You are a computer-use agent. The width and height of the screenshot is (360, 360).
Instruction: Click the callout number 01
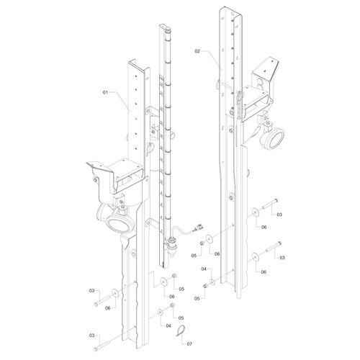tap(105, 92)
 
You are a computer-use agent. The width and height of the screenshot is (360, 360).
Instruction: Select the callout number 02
tap(197, 51)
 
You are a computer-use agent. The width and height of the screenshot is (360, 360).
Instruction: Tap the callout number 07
tap(189, 344)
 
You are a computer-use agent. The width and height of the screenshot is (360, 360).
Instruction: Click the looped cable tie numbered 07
tap(181, 331)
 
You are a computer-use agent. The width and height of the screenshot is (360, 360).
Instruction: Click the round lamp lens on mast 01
tap(119, 224)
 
